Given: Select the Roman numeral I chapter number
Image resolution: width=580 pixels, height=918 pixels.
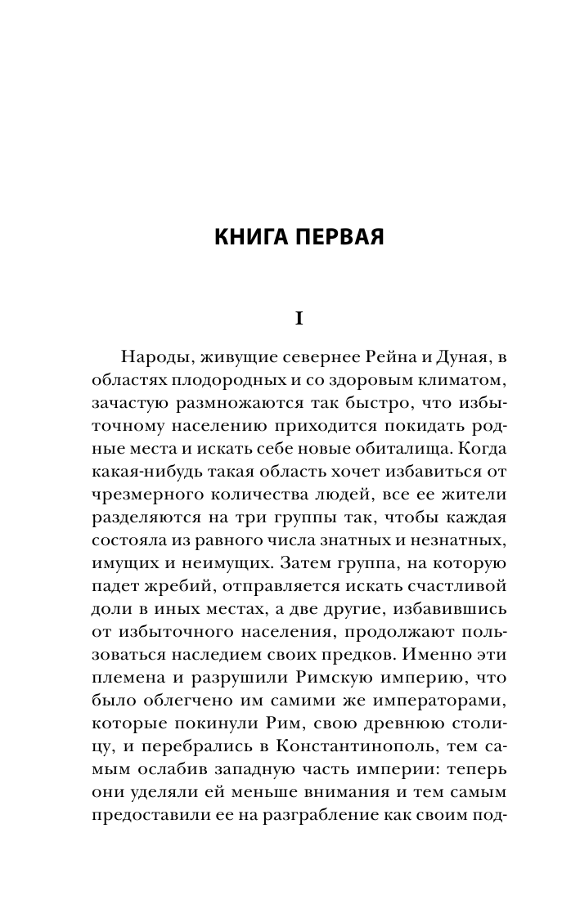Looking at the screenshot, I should pyautogui.click(x=299, y=319).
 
